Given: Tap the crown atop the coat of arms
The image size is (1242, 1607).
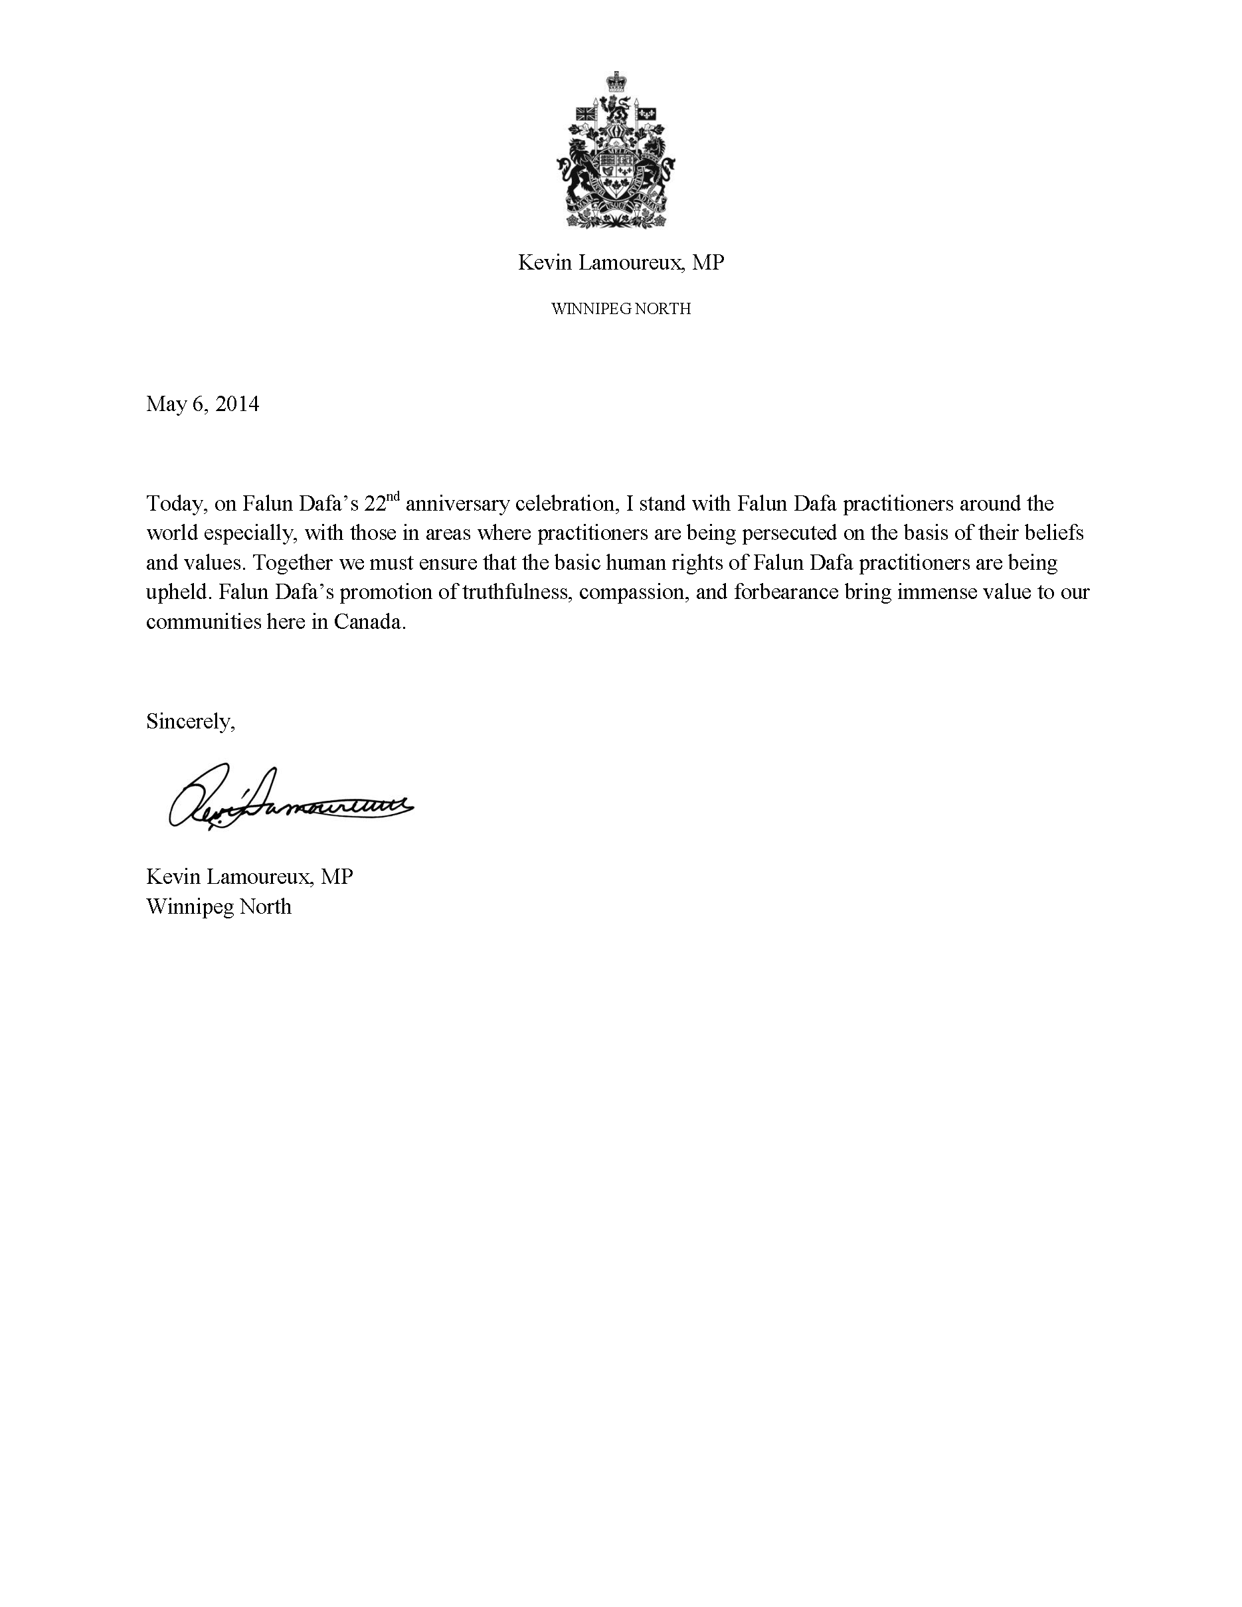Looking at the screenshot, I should [615, 82].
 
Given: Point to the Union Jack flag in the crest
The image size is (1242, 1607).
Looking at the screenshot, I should [585, 114].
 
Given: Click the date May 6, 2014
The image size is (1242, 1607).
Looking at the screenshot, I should [203, 404].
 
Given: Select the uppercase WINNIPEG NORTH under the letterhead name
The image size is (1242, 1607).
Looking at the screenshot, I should [621, 309].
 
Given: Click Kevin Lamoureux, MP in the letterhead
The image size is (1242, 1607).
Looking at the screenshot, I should [621, 263].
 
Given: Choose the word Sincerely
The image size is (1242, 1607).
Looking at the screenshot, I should [191, 721].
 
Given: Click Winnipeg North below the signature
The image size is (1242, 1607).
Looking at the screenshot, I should [219, 906].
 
